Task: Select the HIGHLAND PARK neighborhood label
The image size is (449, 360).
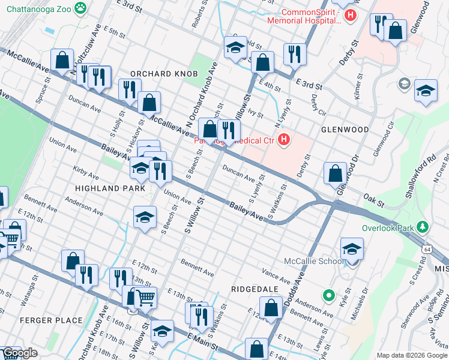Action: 110,188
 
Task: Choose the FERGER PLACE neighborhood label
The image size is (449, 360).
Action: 51,320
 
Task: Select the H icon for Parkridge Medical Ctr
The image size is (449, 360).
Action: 284,141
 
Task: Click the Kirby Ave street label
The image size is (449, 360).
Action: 86,173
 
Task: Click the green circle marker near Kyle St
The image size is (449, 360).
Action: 328,295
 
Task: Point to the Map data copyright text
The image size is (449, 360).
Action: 411,355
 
